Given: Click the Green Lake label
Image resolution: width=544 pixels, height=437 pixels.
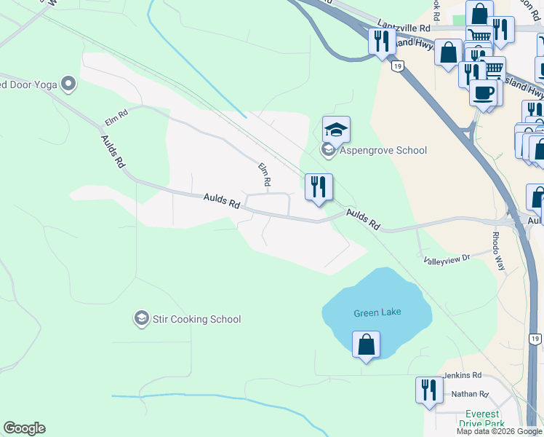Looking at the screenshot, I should click(x=377, y=312).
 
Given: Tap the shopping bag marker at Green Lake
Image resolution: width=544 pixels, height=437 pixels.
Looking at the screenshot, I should click(x=366, y=345).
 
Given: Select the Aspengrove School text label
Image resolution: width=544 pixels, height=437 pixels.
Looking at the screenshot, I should click(x=383, y=150).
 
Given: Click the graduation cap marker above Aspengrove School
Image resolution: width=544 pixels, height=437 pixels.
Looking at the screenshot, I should click(x=336, y=130).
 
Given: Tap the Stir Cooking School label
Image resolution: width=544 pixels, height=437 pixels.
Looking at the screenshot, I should click(x=196, y=319).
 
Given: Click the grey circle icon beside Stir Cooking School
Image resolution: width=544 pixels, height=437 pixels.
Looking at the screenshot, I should click(x=141, y=318).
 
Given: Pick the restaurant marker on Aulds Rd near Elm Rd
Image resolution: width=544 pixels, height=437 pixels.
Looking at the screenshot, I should click(x=319, y=187).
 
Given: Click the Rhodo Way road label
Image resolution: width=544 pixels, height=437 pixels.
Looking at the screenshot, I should click(x=498, y=251).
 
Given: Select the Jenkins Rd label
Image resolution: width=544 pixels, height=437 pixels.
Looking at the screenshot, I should click(x=463, y=375).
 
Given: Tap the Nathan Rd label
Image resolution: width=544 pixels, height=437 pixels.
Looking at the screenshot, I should click(x=470, y=394).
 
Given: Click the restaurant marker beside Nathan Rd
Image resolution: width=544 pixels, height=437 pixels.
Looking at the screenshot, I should click(x=429, y=390).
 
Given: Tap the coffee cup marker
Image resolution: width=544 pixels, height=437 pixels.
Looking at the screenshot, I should click(x=483, y=92).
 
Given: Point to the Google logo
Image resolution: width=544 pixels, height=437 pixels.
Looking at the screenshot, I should click(x=24, y=428).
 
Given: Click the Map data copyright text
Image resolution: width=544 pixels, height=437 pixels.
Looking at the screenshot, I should click(x=499, y=431).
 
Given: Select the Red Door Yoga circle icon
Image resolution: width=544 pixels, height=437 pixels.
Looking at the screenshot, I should click(x=69, y=84).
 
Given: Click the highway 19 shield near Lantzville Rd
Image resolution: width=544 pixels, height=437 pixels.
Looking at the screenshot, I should click(x=396, y=66).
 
